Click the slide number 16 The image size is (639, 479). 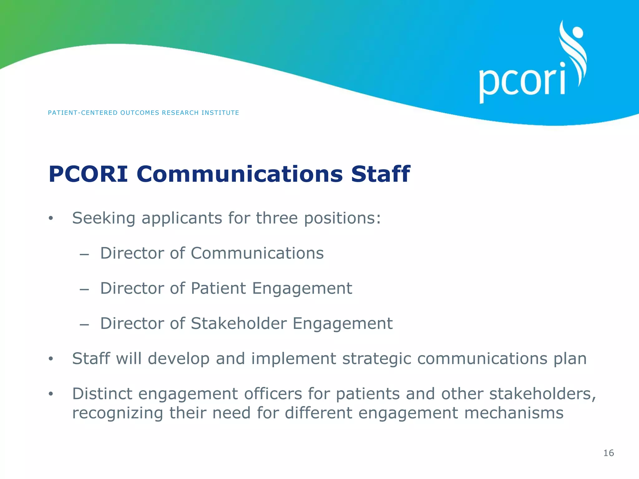[x=608, y=453]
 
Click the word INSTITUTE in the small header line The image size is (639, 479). [x=220, y=113]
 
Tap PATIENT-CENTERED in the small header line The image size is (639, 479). [x=82, y=113]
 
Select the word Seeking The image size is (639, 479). [x=104, y=219]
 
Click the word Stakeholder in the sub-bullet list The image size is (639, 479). [x=239, y=323]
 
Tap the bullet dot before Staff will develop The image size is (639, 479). [x=51, y=359]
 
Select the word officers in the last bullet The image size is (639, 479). [x=273, y=394]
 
